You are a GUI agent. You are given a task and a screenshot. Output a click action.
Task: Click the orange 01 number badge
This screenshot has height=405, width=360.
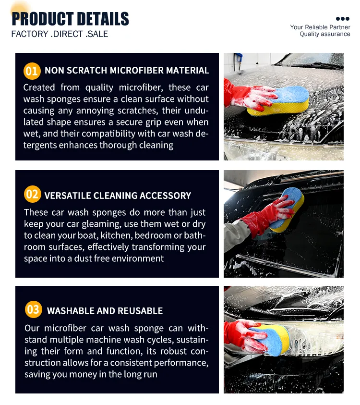[32, 71]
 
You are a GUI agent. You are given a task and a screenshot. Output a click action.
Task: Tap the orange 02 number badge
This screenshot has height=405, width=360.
[32, 195]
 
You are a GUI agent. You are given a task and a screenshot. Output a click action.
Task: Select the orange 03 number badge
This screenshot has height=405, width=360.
[33, 309]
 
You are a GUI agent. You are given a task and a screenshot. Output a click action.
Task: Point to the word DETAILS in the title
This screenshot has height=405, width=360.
[101, 19]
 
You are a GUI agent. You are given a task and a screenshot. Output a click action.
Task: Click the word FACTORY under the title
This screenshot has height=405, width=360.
[30, 34]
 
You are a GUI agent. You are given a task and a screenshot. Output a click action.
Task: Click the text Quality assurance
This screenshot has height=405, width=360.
[325, 34]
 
